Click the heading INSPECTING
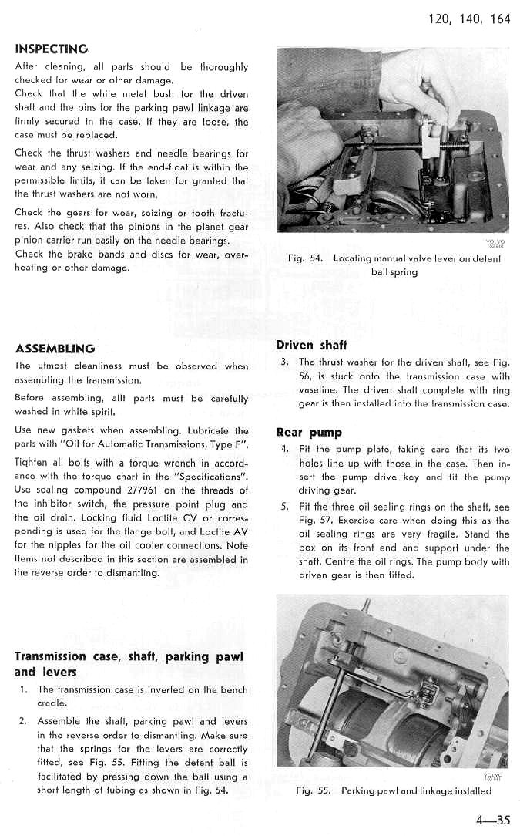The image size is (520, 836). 52,49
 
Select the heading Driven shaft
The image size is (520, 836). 311,345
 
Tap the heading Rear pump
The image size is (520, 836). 309,432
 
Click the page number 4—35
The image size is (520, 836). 493,820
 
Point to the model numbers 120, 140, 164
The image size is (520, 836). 468,19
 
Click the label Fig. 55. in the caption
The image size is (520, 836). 311,790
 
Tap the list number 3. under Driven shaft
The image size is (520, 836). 284,362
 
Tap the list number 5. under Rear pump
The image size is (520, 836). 284,507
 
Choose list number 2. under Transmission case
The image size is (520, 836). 23,722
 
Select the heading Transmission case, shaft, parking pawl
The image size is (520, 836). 129,656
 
